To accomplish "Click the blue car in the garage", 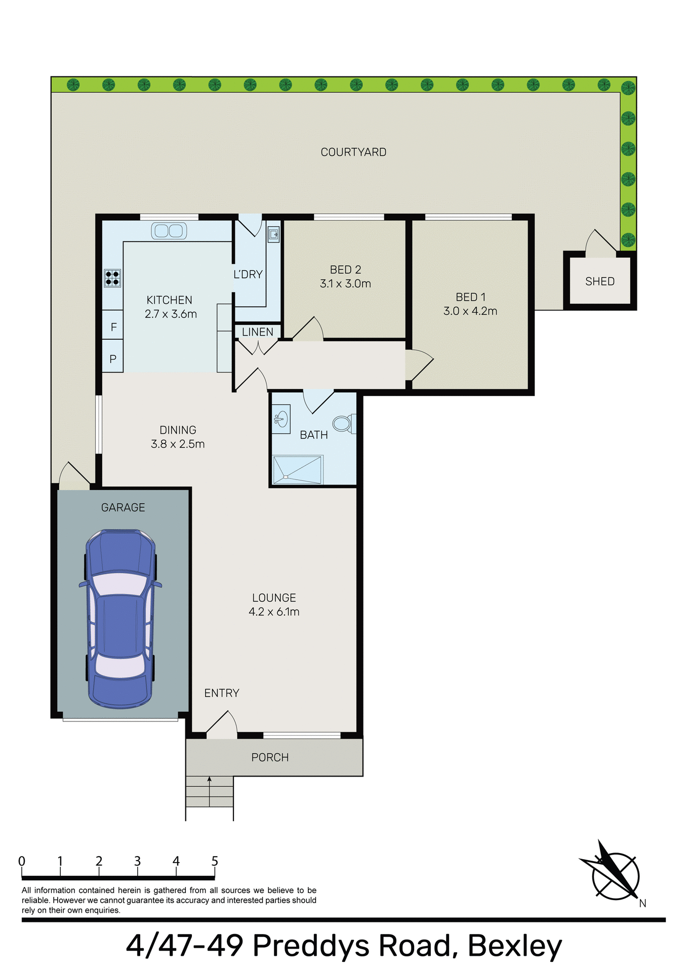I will click(x=120, y=619).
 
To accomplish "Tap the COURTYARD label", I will click(x=353, y=152).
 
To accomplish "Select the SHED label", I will click(x=599, y=281).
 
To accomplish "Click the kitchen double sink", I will click(x=169, y=231).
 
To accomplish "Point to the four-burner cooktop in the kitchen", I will click(x=112, y=278).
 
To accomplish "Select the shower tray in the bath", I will click(x=298, y=470).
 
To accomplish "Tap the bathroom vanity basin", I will click(x=281, y=419).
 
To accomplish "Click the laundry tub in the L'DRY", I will click(x=273, y=234).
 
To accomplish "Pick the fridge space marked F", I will click(x=113, y=327).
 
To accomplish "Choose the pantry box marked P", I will click(x=113, y=358).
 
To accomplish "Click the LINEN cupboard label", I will click(x=257, y=332).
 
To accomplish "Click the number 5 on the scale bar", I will click(x=215, y=861).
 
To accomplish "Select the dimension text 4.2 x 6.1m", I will click(x=274, y=612).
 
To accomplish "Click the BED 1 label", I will click(x=470, y=297).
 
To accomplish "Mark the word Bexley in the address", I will click(x=514, y=945).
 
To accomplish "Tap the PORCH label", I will click(x=270, y=757).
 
